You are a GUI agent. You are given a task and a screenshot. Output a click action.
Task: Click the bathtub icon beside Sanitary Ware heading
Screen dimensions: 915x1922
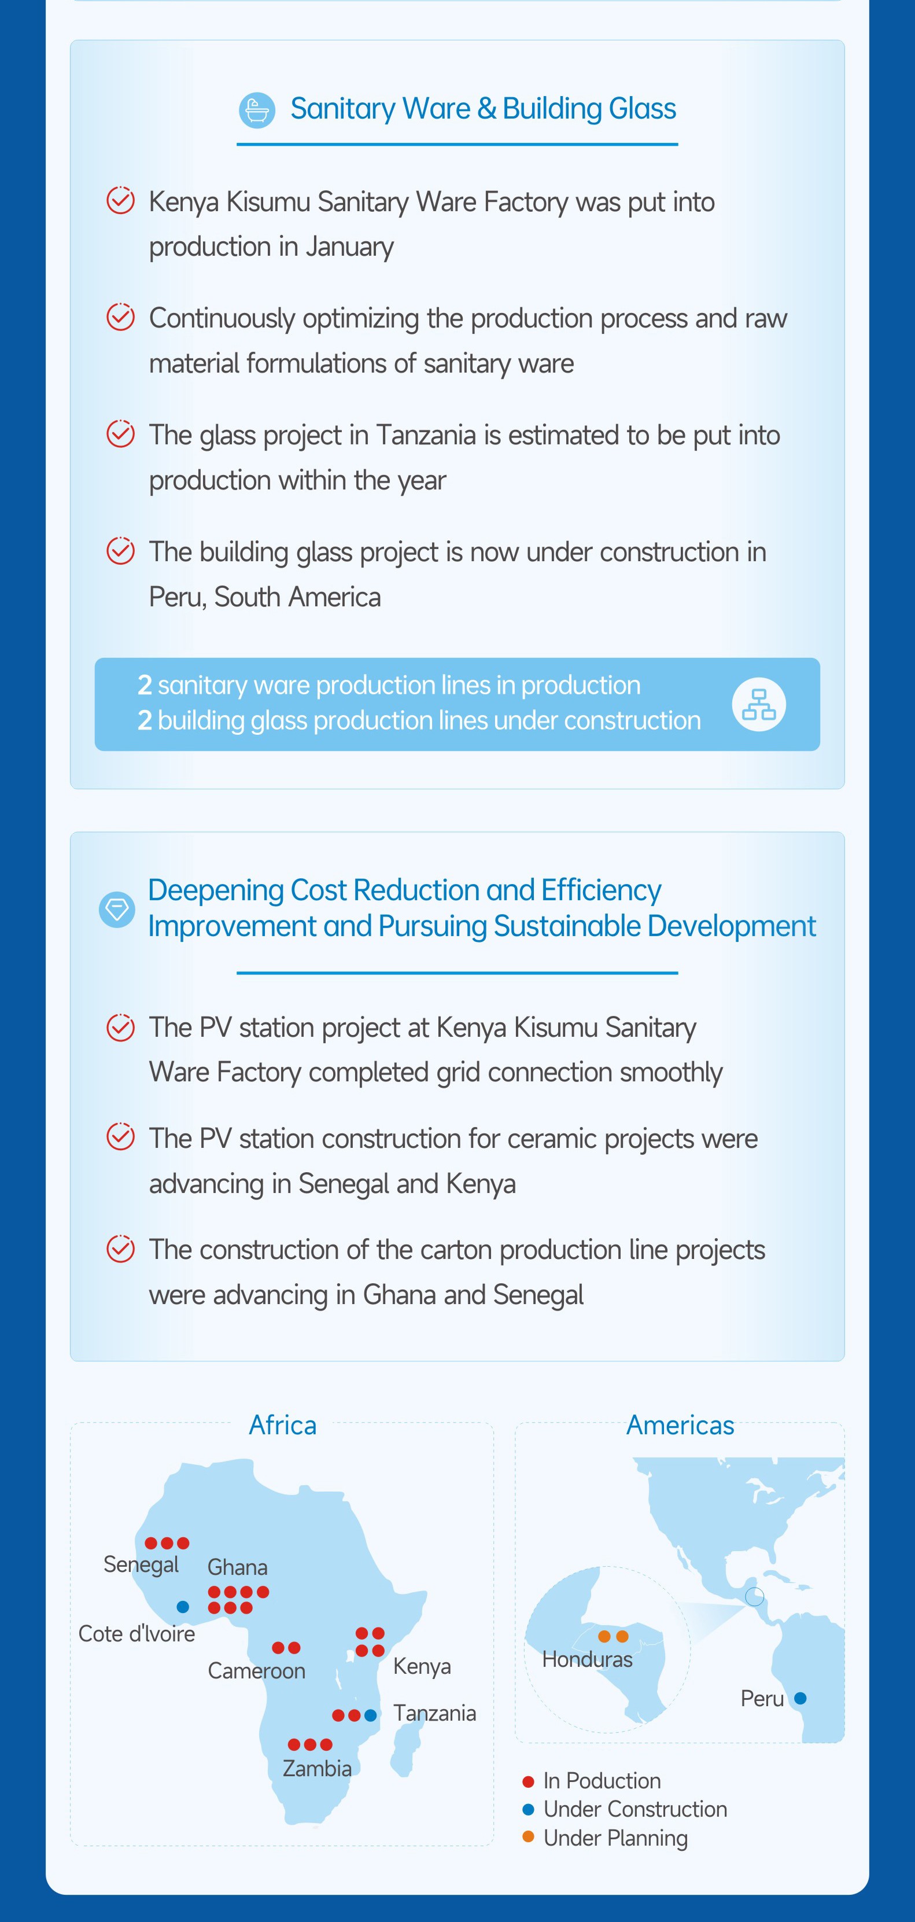(x=257, y=111)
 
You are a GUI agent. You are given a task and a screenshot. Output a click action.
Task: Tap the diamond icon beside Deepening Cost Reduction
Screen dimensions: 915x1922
(x=117, y=910)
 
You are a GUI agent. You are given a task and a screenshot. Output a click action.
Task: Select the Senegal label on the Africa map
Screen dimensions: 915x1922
(x=141, y=1564)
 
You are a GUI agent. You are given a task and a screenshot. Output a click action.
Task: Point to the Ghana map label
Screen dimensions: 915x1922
(x=237, y=1566)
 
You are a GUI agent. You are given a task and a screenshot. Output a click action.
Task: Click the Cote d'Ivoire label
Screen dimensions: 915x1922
(x=136, y=1633)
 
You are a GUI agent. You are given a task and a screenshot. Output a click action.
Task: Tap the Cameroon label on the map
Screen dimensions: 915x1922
(x=257, y=1670)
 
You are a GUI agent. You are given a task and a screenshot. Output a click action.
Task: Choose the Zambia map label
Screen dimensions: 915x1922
(x=317, y=1768)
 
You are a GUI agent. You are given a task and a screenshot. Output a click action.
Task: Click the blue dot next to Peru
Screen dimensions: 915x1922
(x=800, y=1698)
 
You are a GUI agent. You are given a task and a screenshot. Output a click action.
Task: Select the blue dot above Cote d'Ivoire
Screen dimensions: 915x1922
(x=183, y=1607)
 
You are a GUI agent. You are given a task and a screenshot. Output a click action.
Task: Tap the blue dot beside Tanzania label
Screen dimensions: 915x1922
(x=371, y=1715)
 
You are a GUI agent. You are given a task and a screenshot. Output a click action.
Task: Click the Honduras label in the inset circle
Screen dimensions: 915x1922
(x=587, y=1659)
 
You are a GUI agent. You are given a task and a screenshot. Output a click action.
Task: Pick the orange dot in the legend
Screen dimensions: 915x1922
(x=528, y=1836)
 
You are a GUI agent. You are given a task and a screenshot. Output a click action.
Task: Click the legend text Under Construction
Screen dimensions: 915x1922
(x=636, y=1809)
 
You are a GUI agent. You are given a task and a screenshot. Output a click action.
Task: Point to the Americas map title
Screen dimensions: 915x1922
(x=680, y=1424)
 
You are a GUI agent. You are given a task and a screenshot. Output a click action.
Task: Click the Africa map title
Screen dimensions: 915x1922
(x=283, y=1424)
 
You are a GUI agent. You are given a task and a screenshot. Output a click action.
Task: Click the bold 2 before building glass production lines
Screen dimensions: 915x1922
(x=145, y=720)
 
